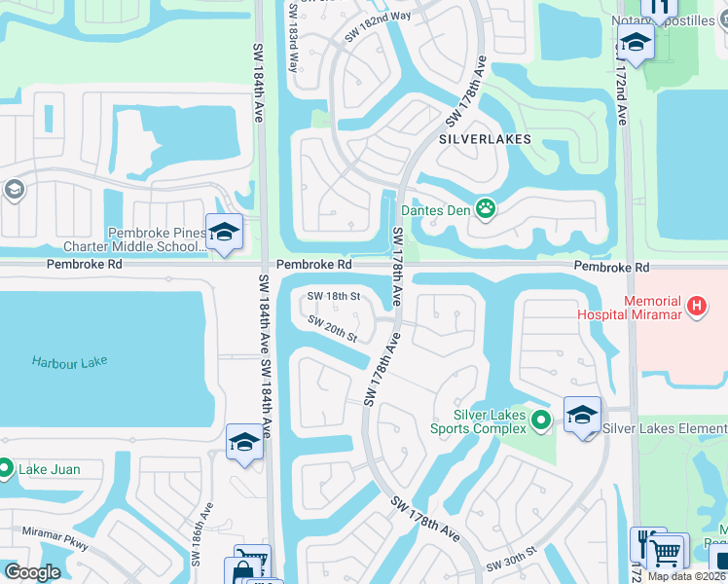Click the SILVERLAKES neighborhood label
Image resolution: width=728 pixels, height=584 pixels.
click(x=485, y=139)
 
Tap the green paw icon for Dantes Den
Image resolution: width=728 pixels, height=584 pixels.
click(x=485, y=207)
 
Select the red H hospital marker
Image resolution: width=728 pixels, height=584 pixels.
click(x=696, y=307)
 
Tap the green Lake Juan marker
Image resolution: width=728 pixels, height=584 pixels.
click(x=5, y=469)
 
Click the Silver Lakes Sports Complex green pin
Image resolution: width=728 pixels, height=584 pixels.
click(x=542, y=420)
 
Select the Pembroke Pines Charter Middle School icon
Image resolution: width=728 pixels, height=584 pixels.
click(x=224, y=233)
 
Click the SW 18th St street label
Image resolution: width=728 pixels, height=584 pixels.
click(x=334, y=296)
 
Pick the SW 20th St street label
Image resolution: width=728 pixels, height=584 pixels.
click(x=333, y=329)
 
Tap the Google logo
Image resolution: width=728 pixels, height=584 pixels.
click(x=32, y=572)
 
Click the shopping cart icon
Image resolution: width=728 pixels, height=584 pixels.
click(x=666, y=552)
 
